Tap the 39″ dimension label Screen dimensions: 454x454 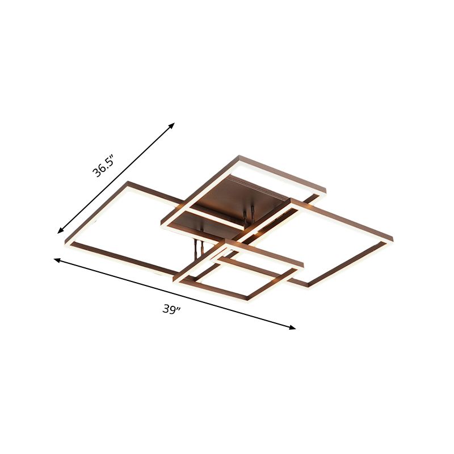[172, 309]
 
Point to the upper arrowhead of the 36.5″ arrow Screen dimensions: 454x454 [172, 125]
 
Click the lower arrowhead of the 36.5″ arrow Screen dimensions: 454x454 [60, 230]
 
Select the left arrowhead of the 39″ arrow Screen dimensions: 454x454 [57, 260]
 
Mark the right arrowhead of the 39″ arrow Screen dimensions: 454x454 [292, 327]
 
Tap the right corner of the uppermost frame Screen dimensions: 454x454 [325, 190]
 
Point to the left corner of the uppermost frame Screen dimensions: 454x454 [162, 222]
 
